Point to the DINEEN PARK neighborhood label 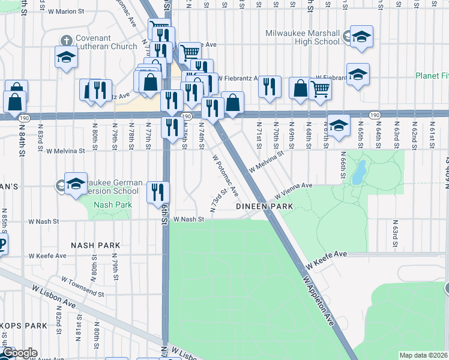point(264,206)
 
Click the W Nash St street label point(189,220)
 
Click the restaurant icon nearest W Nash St point(158,191)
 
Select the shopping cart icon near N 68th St point(321,88)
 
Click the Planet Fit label point(432,76)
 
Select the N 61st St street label point(432,135)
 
